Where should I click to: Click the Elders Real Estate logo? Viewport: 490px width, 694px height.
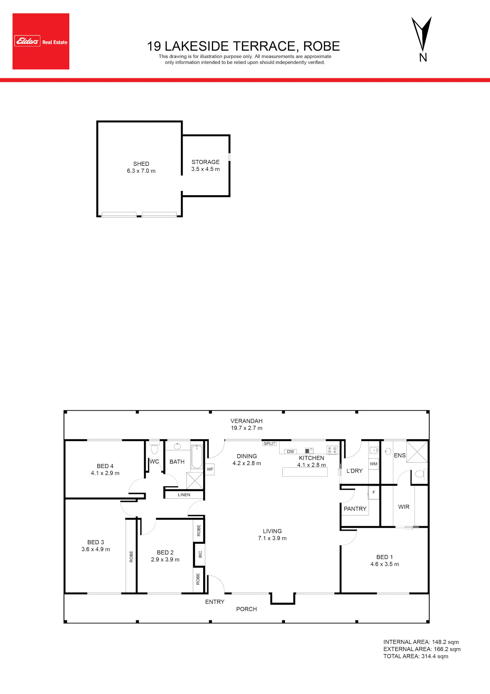pyautogui.click(x=41, y=41)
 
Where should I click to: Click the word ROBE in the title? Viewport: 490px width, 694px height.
pyautogui.click(x=321, y=46)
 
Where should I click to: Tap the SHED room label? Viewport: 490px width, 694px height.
pyautogui.click(x=141, y=164)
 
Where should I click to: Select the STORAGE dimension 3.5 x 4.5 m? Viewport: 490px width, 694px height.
pyautogui.click(x=205, y=169)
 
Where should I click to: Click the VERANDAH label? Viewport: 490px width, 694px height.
pyautogui.click(x=247, y=421)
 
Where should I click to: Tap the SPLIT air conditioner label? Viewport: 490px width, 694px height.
pyautogui.click(x=269, y=443)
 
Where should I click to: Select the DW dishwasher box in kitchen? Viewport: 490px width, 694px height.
pyautogui.click(x=290, y=452)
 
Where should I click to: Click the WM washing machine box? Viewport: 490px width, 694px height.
pyautogui.click(x=374, y=464)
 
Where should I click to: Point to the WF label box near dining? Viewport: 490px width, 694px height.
pyautogui.click(x=210, y=469)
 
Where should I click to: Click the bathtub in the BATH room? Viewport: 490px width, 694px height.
pyautogui.click(x=197, y=457)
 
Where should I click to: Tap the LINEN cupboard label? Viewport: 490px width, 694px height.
pyautogui.click(x=184, y=495)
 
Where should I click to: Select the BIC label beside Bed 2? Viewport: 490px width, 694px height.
pyautogui.click(x=200, y=554)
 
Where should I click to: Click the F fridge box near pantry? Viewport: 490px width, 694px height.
pyautogui.click(x=374, y=493)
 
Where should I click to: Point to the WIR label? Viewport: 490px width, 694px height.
pyautogui.click(x=404, y=507)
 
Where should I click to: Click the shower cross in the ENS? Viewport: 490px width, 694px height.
pyautogui.click(x=417, y=452)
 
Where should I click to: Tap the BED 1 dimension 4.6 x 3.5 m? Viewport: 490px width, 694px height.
pyautogui.click(x=385, y=564)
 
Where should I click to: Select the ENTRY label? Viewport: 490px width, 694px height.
pyautogui.click(x=215, y=602)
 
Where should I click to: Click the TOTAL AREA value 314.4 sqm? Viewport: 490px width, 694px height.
pyautogui.click(x=435, y=656)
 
